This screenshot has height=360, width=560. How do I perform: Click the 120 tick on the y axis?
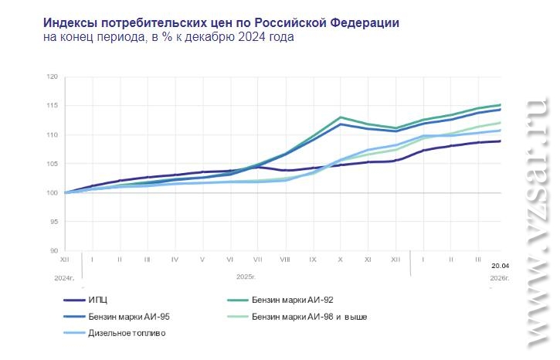(53, 77)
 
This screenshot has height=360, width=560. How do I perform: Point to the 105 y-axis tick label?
(53, 164)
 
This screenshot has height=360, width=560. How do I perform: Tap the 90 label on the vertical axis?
(54, 250)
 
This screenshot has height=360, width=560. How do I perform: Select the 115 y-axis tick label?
(53, 106)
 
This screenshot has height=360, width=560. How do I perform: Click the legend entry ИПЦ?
(98, 300)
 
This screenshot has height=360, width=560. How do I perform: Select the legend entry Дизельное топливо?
(127, 334)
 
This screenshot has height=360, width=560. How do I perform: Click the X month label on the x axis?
(341, 260)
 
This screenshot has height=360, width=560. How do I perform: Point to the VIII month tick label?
(285, 260)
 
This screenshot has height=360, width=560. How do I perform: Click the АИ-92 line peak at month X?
(341, 117)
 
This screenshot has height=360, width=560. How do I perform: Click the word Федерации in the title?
(362, 22)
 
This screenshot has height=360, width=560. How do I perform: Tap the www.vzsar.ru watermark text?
(537, 224)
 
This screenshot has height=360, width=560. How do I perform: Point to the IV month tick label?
(175, 260)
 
